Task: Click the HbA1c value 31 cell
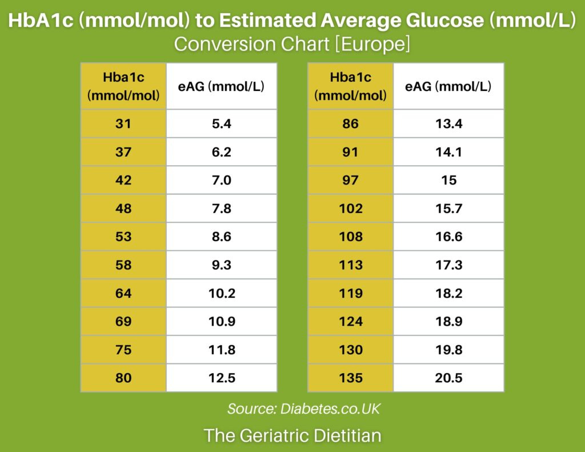(x=123, y=123)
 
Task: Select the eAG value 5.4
(x=221, y=123)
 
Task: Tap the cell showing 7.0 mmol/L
(x=221, y=180)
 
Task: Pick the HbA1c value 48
(x=123, y=209)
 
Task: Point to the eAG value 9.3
(x=221, y=265)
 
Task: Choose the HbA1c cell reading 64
(x=123, y=293)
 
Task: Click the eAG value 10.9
(x=221, y=322)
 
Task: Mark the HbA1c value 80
(x=123, y=378)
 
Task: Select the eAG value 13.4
(x=448, y=123)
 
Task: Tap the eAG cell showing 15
(x=448, y=180)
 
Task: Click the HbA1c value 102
(x=350, y=209)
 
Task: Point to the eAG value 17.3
(x=448, y=265)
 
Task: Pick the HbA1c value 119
(x=350, y=293)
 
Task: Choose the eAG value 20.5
(x=448, y=378)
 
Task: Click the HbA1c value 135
(x=350, y=378)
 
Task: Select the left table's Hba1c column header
(x=123, y=86)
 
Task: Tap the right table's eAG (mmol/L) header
(x=448, y=87)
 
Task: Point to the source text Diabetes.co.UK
(x=330, y=409)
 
